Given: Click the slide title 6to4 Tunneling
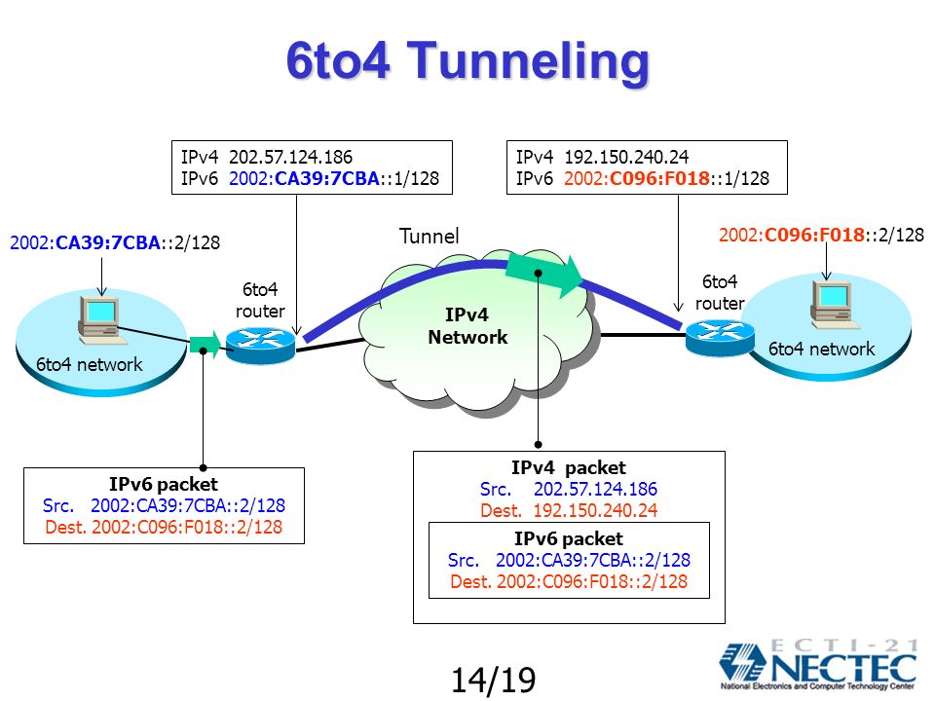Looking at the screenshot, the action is (x=467, y=61).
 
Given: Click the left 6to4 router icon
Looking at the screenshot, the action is (x=261, y=345).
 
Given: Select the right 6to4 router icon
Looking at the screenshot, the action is (x=719, y=337).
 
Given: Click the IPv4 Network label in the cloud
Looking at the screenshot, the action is (x=467, y=325).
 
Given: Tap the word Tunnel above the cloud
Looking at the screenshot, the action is (x=429, y=236).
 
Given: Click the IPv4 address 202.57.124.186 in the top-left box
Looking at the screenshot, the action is (x=290, y=157).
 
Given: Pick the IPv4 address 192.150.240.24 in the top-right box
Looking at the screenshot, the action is (x=626, y=157).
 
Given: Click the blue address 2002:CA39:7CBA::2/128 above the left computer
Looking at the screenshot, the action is (x=115, y=242).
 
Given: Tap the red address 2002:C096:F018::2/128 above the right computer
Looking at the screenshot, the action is (x=821, y=235).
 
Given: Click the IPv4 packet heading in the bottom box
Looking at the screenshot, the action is (x=568, y=467).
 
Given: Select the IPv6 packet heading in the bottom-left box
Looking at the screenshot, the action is (x=164, y=484).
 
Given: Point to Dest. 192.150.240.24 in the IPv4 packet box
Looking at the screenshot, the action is (x=569, y=510).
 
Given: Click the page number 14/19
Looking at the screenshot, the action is (x=493, y=680).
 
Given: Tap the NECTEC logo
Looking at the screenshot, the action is (x=818, y=664).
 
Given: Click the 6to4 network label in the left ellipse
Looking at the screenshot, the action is (x=90, y=364).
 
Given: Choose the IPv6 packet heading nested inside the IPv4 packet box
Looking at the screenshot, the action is (x=568, y=538).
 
